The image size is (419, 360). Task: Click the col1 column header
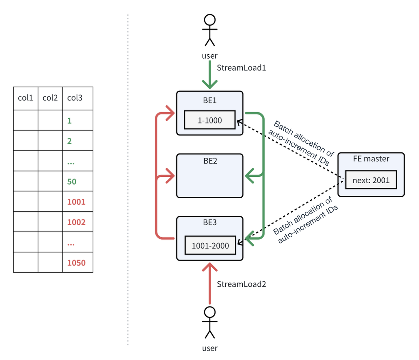tap(26, 98)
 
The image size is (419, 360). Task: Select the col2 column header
tap(50, 98)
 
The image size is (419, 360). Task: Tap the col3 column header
tap(75, 98)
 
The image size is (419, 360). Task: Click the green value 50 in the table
tap(72, 182)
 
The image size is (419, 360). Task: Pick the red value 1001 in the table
tap(76, 202)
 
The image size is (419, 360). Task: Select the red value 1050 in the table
tap(76, 263)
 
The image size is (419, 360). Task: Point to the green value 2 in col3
tap(69, 141)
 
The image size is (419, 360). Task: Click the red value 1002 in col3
tap(76, 222)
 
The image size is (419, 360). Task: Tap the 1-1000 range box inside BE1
tap(210, 120)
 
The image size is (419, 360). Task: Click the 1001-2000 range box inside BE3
tap(210, 245)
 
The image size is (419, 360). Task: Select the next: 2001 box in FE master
tap(371, 180)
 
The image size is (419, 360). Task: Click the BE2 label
tap(210, 161)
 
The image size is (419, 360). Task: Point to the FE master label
tap(371, 159)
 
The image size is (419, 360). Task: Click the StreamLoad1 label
tap(241, 68)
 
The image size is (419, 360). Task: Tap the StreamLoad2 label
tap(241, 284)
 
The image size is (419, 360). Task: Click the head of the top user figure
tap(210, 20)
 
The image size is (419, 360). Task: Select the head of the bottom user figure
tap(210, 312)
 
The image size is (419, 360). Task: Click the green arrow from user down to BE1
tap(210, 75)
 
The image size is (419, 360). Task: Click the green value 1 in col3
tap(69, 121)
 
